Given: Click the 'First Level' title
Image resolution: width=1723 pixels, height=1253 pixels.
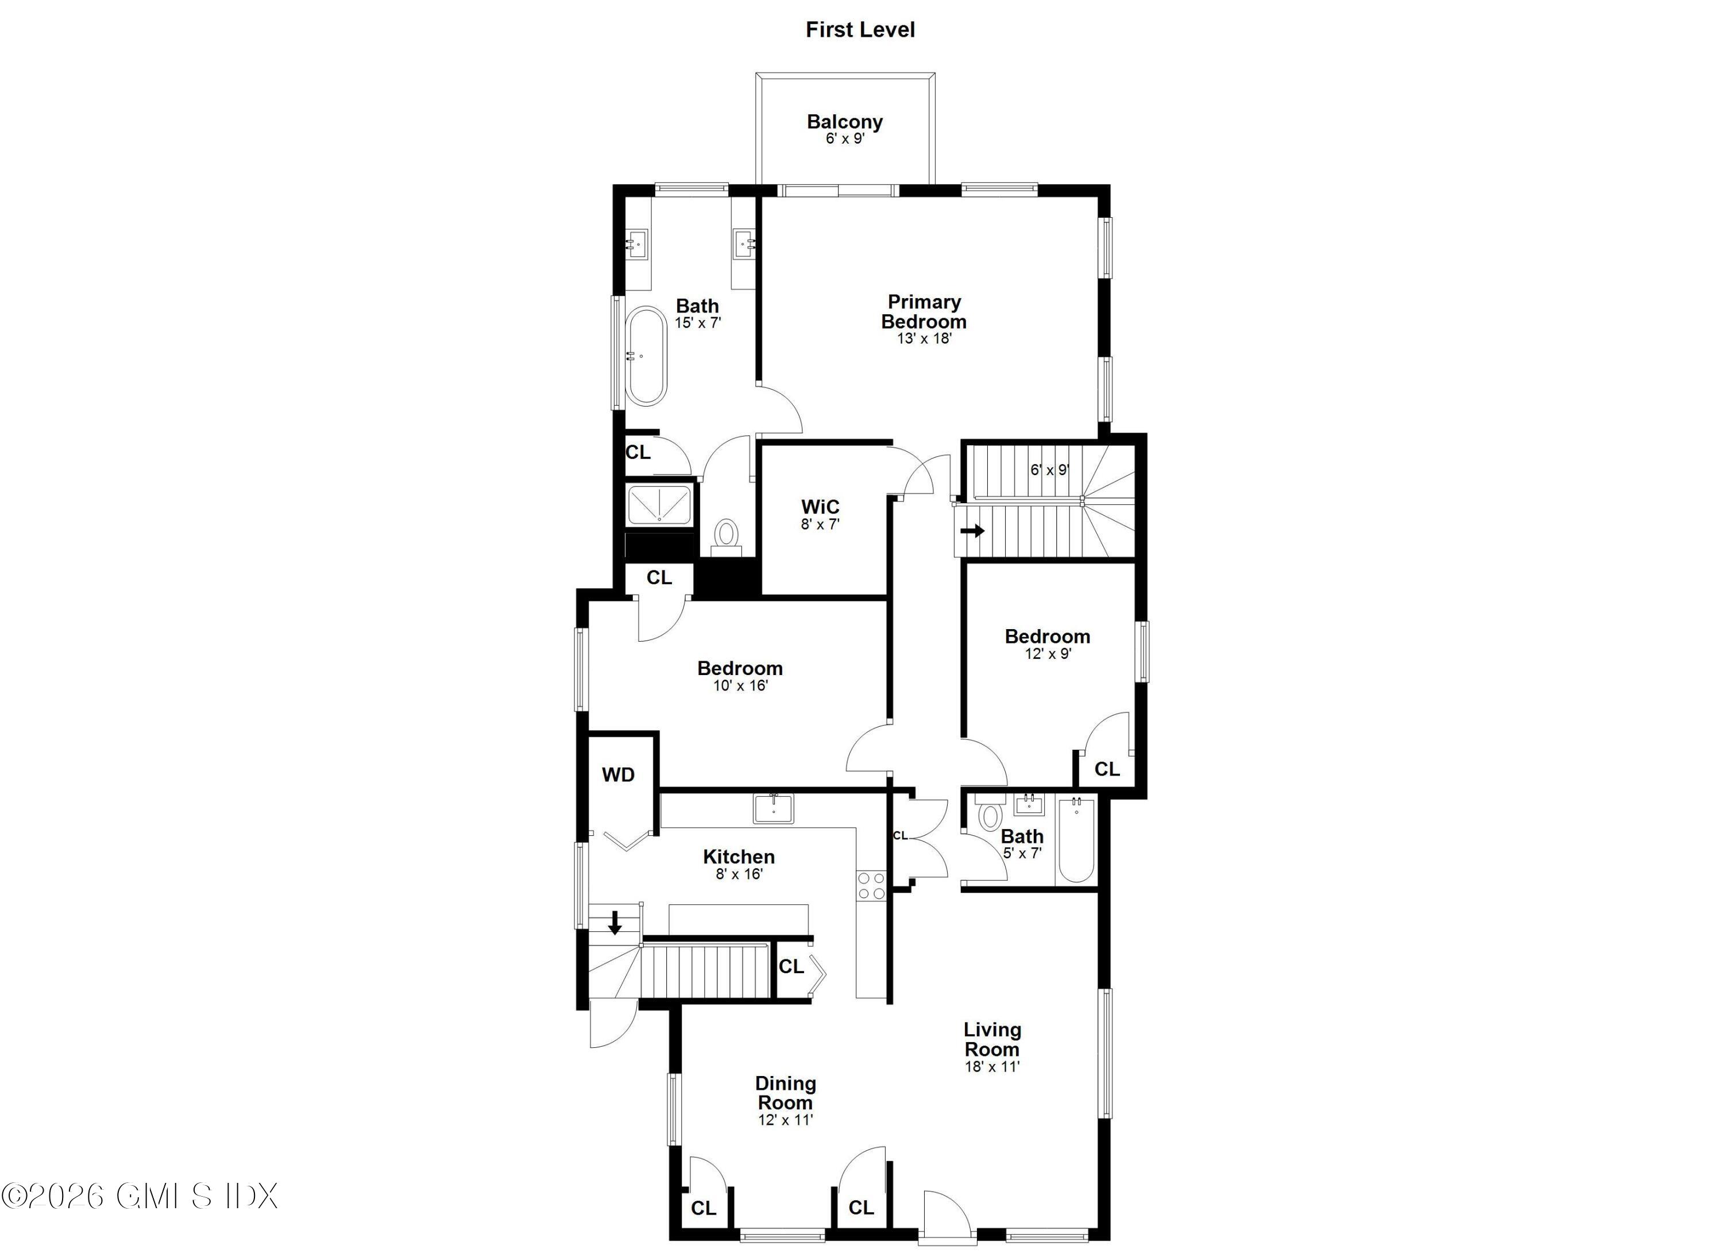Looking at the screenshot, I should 860,30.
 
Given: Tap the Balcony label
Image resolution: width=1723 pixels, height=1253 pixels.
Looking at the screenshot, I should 844,122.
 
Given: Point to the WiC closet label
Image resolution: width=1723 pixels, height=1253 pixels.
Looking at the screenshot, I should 821,507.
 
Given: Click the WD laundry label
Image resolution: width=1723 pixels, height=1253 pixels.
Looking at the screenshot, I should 619,775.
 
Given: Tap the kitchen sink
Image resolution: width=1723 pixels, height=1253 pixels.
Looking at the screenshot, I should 774,808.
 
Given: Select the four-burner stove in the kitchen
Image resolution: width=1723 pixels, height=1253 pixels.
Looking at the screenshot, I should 871,885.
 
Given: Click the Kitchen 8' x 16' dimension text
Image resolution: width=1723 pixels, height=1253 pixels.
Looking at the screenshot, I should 739,874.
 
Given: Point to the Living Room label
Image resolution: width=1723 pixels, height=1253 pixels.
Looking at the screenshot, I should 992,1039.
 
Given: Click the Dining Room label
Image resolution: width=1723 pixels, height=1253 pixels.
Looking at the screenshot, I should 786,1093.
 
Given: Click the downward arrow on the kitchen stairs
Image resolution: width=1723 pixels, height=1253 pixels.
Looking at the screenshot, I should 615,923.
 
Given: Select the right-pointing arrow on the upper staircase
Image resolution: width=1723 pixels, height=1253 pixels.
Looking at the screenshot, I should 972,531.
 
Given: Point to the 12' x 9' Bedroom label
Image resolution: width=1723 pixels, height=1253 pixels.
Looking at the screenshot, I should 1047,637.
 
